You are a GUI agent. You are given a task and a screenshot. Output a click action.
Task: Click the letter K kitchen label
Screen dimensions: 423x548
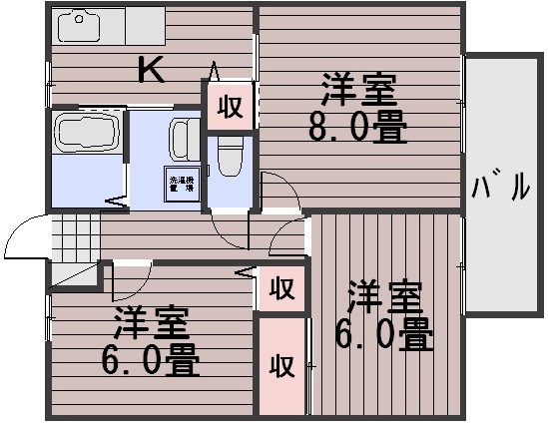152,70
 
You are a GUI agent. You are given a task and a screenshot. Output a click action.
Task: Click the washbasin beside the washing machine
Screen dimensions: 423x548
184,139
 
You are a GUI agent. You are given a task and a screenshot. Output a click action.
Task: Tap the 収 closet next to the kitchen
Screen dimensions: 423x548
231,107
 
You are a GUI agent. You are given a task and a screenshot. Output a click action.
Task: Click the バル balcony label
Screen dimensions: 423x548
501,186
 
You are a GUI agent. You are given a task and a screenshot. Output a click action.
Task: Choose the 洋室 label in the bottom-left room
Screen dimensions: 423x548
151,323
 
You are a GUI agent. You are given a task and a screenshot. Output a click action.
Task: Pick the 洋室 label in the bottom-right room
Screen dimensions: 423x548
384,297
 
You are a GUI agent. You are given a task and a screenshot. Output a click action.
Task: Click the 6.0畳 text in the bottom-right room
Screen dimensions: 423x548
384,334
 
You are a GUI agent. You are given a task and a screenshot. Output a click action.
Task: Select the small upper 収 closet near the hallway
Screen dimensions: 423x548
281,289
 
